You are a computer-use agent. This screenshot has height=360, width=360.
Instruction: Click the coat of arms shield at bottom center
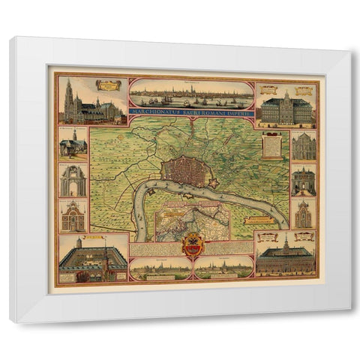193,246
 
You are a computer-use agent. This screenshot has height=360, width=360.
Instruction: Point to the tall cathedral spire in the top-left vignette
69,94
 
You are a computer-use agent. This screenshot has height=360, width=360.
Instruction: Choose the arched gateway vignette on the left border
73,180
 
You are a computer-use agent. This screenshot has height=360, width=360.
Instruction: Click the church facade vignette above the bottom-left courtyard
73,215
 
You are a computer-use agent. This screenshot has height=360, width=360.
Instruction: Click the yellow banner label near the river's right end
258,220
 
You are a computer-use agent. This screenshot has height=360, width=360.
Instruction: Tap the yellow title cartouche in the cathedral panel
109,85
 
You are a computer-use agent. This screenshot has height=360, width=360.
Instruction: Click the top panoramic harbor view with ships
191,93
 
